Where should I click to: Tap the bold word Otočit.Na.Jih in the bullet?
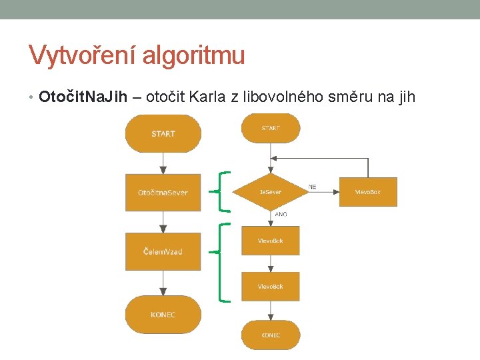pos(83,97)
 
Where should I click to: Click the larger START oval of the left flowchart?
pos(163,133)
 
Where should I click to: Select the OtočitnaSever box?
pos(163,193)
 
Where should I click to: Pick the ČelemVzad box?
pos(163,251)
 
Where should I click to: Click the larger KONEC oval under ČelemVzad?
pos(163,314)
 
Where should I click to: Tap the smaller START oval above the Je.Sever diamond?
pos(271,128)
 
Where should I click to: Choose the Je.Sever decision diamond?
pos(271,192)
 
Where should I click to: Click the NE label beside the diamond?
pos(313,187)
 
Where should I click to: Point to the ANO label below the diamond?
pos(281,215)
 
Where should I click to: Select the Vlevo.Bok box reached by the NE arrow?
pos(368,192)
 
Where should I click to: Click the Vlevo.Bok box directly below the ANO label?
pos(271,241)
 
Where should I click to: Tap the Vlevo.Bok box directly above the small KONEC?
pos(271,287)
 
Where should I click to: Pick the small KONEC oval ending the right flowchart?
pos(271,335)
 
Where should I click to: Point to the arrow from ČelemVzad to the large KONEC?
pos(163,283)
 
